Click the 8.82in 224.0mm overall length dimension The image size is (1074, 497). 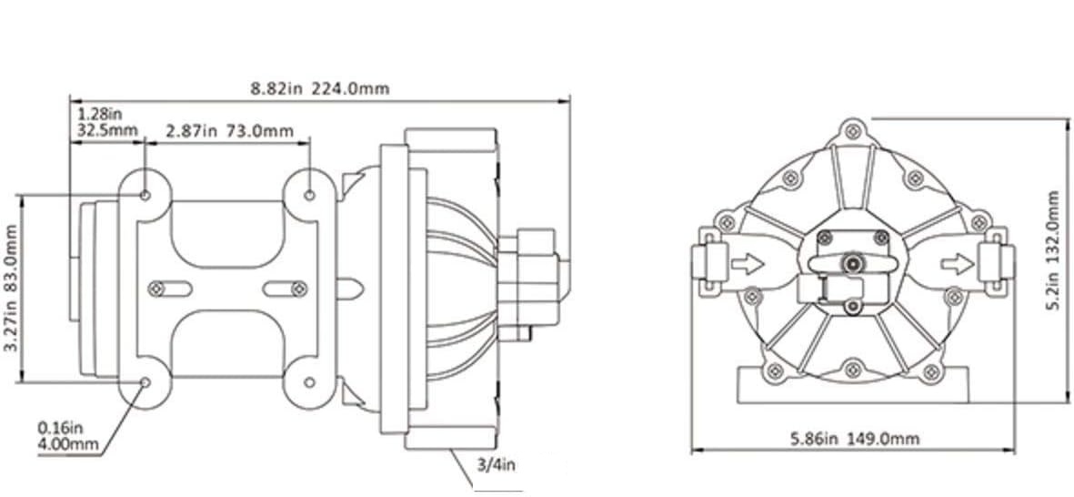[320, 88]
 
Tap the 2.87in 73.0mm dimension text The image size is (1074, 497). [229, 131]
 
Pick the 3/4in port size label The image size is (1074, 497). [497, 466]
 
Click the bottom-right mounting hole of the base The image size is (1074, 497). [310, 383]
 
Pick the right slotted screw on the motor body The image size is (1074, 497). [296, 288]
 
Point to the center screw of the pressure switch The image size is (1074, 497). [852, 263]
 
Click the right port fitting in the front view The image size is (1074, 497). [994, 264]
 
